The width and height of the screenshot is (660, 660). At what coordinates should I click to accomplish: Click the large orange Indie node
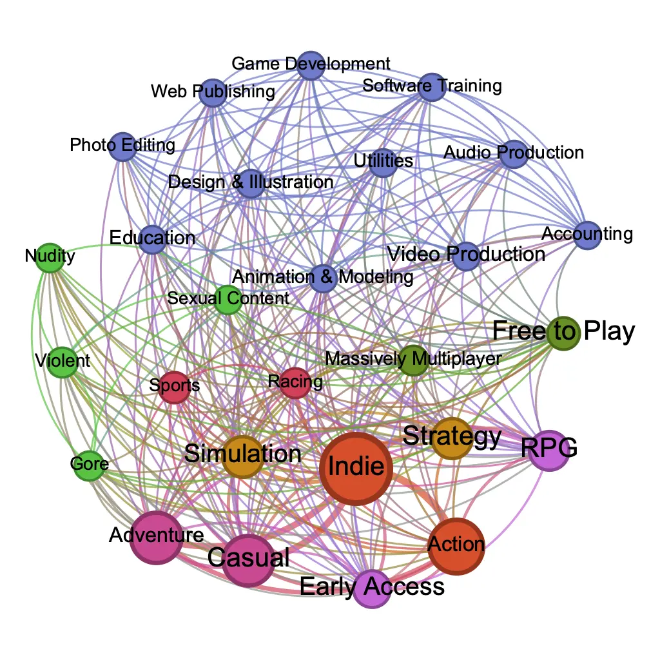356,469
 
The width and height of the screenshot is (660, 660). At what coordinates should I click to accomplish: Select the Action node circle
456,547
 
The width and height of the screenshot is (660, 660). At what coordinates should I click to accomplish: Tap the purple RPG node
549,451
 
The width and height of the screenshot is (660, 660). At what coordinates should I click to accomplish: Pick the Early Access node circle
372,588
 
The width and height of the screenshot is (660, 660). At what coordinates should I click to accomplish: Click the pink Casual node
248,560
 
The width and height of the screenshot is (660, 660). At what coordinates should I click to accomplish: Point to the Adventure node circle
157,538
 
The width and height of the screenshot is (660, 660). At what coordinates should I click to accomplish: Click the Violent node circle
63,362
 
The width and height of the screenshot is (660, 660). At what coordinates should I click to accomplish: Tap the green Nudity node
50,258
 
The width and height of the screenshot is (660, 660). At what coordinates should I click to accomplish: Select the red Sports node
174,387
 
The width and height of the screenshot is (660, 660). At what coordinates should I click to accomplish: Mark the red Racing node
295,383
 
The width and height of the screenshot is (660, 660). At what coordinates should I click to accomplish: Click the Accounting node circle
587,235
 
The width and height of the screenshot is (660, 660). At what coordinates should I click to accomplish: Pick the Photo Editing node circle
122,146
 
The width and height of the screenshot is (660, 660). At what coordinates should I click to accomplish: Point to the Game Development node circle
311,66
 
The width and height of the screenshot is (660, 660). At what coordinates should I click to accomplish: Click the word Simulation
243,454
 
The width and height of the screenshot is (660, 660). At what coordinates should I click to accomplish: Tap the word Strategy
452,436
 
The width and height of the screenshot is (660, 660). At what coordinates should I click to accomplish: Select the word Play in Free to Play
609,332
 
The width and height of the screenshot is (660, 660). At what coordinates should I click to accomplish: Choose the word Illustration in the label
291,182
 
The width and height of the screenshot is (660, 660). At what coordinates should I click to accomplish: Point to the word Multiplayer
457,359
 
